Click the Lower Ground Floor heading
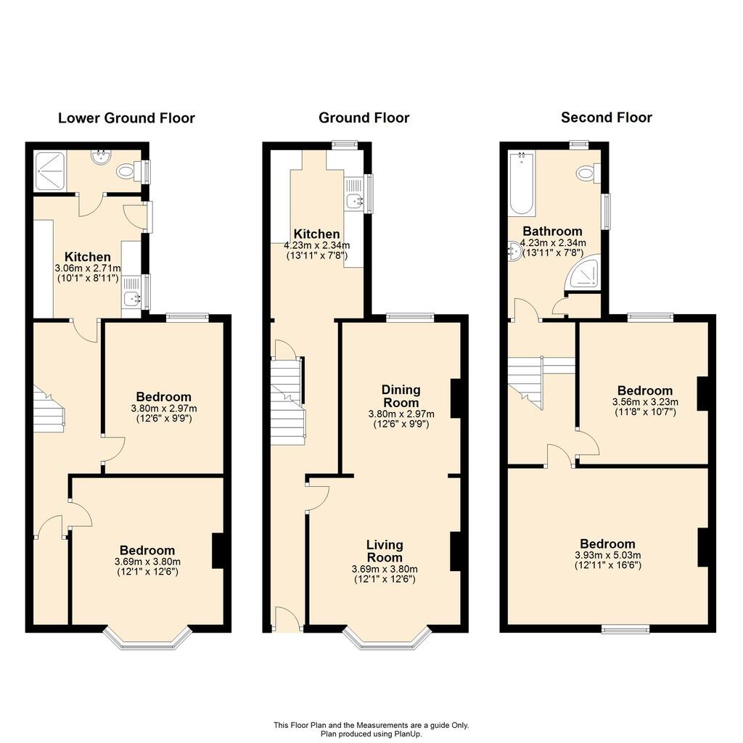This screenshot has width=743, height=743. [126, 118]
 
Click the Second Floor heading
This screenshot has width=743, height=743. [607, 118]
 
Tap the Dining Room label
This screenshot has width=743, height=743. [401, 396]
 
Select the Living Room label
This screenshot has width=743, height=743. [385, 551]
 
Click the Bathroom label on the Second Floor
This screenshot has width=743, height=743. [552, 231]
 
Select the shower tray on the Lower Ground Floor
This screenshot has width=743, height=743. [50, 171]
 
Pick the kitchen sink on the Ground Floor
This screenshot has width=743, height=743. [353, 201]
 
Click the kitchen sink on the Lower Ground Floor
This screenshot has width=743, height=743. [131, 297]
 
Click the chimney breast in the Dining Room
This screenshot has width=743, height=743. [456, 398]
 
